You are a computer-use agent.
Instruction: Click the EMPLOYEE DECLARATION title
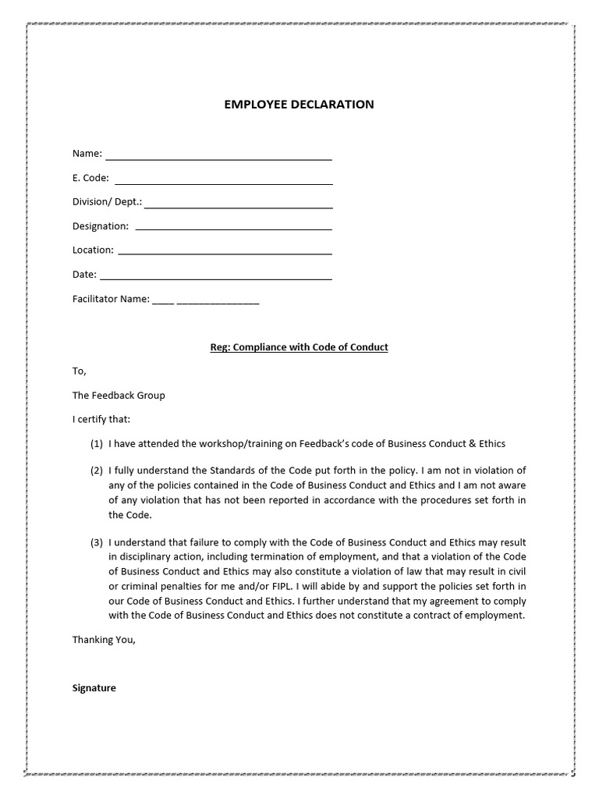pyautogui.click(x=299, y=105)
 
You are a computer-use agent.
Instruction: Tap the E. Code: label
pyautogui.click(x=90, y=178)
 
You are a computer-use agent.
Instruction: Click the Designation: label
pyautogui.click(x=101, y=226)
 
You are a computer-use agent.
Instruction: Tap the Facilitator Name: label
pyautogui.click(x=111, y=299)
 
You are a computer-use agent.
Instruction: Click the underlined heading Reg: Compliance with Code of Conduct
pyautogui.click(x=299, y=347)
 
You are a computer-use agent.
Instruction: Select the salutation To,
pyautogui.click(x=80, y=371)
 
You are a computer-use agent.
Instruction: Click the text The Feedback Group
pyautogui.click(x=119, y=396)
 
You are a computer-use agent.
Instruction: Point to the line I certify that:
pyautogui.click(x=102, y=419)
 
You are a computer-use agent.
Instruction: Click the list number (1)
pyautogui.click(x=97, y=444)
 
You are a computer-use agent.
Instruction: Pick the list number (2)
pyautogui.click(x=97, y=471)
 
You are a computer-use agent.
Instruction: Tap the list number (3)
pyautogui.click(x=97, y=542)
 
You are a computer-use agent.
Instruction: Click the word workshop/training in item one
pyautogui.click(x=239, y=444)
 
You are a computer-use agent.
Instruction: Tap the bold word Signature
pyautogui.click(x=94, y=688)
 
